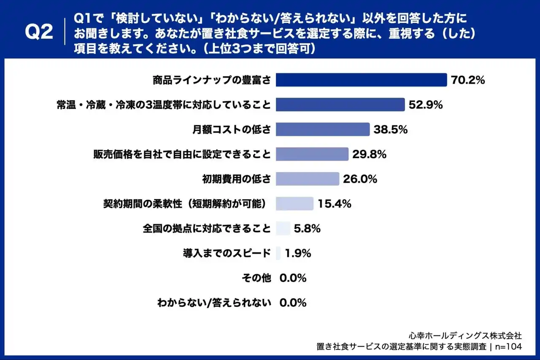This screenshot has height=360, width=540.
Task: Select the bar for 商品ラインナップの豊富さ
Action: coord(361,80)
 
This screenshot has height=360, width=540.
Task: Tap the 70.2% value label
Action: coord(468,80)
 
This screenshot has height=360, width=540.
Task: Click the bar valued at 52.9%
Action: coord(340,105)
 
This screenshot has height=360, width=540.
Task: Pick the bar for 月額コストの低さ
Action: coord(323,130)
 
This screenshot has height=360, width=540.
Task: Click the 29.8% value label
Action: coord(370,154)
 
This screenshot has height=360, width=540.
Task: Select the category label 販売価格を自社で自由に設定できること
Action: coord(182,154)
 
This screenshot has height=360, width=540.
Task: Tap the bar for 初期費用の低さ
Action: coord(308,179)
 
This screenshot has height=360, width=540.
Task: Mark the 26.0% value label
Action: coord(360,179)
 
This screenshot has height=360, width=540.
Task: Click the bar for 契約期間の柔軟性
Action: coord(294,204)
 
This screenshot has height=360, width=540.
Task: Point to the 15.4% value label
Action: coord(335,204)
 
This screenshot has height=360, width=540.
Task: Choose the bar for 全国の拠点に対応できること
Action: coord(283,229)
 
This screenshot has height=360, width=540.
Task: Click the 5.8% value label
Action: coord(308,229)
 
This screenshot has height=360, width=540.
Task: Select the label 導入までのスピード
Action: coord(227,253)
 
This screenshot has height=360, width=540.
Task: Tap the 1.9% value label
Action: coord(298,253)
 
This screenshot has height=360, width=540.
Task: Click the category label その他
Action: coord(256,278)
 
